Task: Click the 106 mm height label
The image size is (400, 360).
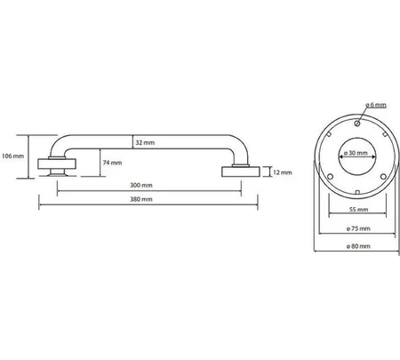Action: (x=12, y=156)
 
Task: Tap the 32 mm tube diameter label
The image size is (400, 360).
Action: (x=145, y=142)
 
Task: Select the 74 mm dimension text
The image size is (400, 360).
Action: (x=112, y=163)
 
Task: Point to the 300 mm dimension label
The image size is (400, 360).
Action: (x=141, y=186)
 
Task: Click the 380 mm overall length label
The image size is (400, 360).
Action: (x=141, y=199)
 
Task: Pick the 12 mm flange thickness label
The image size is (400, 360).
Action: (x=283, y=172)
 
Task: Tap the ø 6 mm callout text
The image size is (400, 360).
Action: (x=376, y=105)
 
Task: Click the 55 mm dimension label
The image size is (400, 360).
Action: (x=358, y=210)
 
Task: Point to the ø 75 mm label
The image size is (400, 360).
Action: (x=358, y=228)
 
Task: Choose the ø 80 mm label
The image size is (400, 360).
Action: (x=358, y=246)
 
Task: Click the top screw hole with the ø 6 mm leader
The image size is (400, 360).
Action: (x=357, y=123)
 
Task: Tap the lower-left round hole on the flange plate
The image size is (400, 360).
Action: (x=331, y=177)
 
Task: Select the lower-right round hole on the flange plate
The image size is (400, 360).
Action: (x=383, y=177)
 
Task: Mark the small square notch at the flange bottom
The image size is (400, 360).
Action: (x=357, y=192)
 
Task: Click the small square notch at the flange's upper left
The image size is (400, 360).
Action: (x=329, y=134)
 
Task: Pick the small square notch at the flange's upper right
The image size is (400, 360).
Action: (x=385, y=134)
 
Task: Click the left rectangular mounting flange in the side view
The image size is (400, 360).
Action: (x=57, y=164)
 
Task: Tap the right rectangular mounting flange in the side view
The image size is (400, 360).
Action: (x=241, y=172)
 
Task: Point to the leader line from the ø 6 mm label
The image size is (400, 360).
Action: (x=363, y=115)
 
